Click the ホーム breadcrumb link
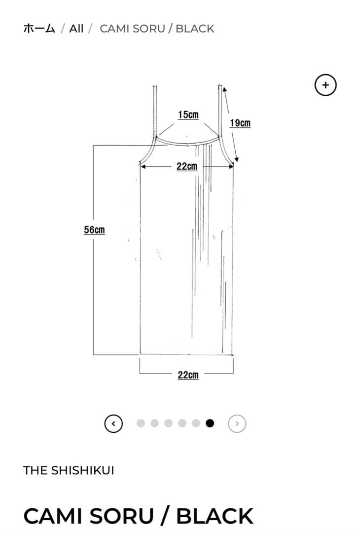tap(39, 29)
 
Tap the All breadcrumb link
tap(76, 29)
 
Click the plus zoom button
tap(325, 85)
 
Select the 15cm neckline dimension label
tap(188, 115)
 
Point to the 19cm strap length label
tap(240, 123)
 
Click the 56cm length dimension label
tap(94, 230)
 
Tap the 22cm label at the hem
tap(188, 375)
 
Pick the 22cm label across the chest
tap(187, 167)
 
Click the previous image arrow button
tap(113, 423)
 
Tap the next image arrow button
tap(237, 423)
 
